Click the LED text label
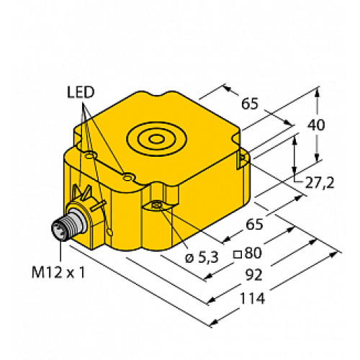(x=81, y=93)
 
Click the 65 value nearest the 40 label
(x=250, y=104)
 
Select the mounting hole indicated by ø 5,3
(x=158, y=207)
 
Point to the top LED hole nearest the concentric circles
(x=127, y=176)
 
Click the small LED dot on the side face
(x=110, y=232)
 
